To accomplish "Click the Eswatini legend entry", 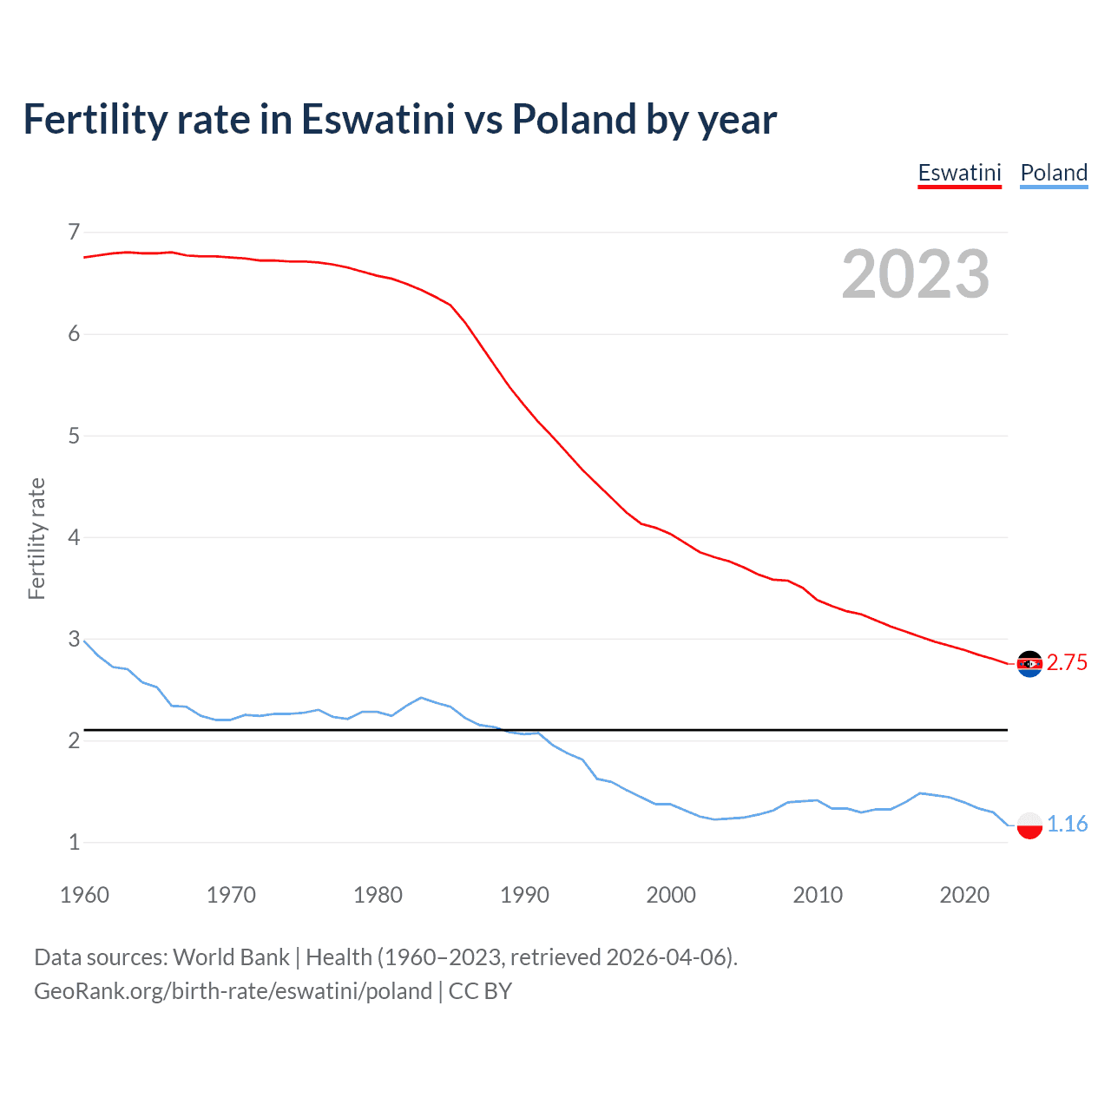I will point(959,173).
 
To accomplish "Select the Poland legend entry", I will point(1054,173).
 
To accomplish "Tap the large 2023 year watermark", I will point(915,274).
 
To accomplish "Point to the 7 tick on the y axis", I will point(74,232).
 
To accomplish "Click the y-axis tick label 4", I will point(74,537).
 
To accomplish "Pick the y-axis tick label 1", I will point(74,842).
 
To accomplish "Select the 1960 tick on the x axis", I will point(84,895).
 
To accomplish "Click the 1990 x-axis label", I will point(524,895).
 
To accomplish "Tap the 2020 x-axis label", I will point(964,895).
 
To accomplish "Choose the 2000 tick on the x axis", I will point(671,895).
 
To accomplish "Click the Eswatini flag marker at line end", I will point(1029,664).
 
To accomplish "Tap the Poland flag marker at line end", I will point(1029,825).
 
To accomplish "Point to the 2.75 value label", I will point(1067,663).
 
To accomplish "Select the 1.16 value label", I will point(1067,824).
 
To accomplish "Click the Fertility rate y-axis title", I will point(36,538).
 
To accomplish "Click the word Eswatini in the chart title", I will point(378,120).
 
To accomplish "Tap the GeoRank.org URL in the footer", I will point(233,991).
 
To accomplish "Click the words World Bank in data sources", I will point(231,957).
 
